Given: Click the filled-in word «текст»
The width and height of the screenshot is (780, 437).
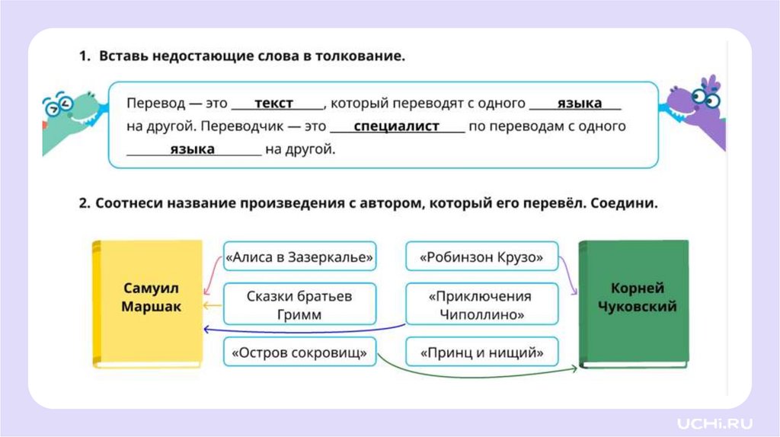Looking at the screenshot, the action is (274, 104).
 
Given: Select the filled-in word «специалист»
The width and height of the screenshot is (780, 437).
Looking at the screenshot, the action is (397, 126).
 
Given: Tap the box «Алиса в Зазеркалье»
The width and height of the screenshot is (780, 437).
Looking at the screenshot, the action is (300, 258).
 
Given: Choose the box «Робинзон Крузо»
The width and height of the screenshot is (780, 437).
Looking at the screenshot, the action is (481, 258).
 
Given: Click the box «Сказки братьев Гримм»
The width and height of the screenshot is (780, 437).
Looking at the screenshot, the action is (300, 305).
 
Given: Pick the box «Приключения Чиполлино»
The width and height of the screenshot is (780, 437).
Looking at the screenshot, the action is (481, 305).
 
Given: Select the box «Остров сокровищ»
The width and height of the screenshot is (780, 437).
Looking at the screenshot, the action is (300, 352).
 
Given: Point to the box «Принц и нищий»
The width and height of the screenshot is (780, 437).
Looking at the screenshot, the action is (481, 352).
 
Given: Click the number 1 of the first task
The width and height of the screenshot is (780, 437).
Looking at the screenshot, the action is (82, 57).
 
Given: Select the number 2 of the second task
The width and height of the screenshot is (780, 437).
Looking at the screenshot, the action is (82, 204).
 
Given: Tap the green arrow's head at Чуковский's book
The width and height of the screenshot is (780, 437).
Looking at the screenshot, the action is (574, 369).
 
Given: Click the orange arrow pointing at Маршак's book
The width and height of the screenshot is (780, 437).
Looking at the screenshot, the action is (212, 306).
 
